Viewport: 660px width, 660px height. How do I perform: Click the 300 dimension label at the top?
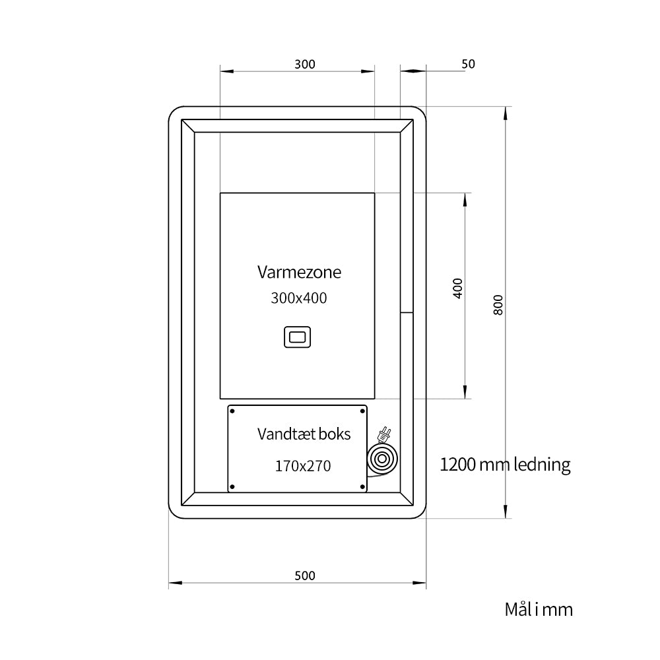305,64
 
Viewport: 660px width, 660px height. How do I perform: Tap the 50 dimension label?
468,64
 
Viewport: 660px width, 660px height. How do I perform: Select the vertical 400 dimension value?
458,288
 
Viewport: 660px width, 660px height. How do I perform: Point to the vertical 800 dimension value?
498,305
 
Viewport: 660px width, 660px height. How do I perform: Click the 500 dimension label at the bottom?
305,576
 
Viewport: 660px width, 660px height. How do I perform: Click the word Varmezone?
299,272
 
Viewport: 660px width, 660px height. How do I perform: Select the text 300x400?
299,298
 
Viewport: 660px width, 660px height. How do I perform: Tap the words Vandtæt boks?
304,434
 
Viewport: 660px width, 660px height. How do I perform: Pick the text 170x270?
303,466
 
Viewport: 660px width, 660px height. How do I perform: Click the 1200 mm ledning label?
505,465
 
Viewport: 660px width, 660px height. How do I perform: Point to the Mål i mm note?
539,609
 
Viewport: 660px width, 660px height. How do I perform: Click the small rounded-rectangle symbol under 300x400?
297,337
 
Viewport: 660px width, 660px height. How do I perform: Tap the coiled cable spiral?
382,459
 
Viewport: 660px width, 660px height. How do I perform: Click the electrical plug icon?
384,434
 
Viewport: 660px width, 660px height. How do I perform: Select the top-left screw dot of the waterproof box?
232,411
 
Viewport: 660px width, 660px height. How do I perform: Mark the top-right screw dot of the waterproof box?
362,411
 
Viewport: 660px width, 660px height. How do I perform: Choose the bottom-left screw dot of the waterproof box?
232,487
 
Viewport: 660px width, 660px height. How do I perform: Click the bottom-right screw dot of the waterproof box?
362,487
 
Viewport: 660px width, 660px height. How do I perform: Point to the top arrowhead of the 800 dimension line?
505,114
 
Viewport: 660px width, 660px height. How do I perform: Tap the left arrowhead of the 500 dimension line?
176,583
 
